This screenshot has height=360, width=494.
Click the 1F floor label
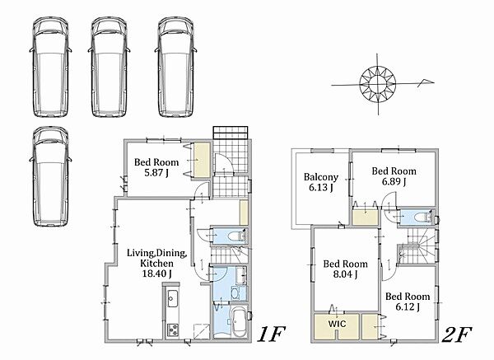pos(271,334)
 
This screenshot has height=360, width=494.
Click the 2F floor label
pos(457,334)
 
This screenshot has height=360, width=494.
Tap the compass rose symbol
pos(378,84)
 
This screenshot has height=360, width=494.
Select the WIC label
pos(337,324)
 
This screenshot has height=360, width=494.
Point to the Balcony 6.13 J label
pos(321,182)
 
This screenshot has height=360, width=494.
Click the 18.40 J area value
pos(157,274)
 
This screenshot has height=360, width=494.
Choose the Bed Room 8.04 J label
pos(345,269)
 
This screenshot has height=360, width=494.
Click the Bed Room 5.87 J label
pos(156,167)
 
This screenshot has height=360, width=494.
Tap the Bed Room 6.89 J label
pos(394,176)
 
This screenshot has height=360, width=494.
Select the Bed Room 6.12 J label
pos(408,302)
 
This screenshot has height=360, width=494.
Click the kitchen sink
pos(172,298)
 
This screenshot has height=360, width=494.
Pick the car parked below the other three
pos(50,176)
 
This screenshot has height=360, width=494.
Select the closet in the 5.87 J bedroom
pos(202,160)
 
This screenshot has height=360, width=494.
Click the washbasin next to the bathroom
pos(235,292)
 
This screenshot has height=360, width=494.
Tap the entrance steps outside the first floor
pos(231,132)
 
